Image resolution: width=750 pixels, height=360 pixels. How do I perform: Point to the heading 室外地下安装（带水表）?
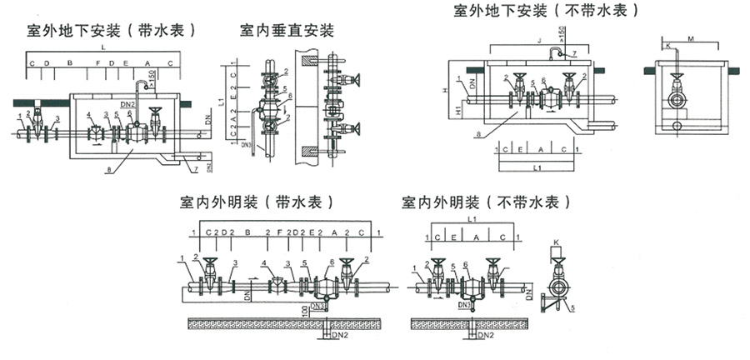click(111, 31)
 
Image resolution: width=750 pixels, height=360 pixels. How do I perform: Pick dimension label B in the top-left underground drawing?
click(71, 63)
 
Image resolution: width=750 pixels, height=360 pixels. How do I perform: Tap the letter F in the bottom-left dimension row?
click(278, 232)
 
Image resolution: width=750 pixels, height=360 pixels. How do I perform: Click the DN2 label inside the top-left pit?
click(127, 103)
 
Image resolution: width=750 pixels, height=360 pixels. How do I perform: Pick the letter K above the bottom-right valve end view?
click(556, 242)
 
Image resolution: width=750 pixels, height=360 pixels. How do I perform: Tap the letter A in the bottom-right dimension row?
click(477, 237)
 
